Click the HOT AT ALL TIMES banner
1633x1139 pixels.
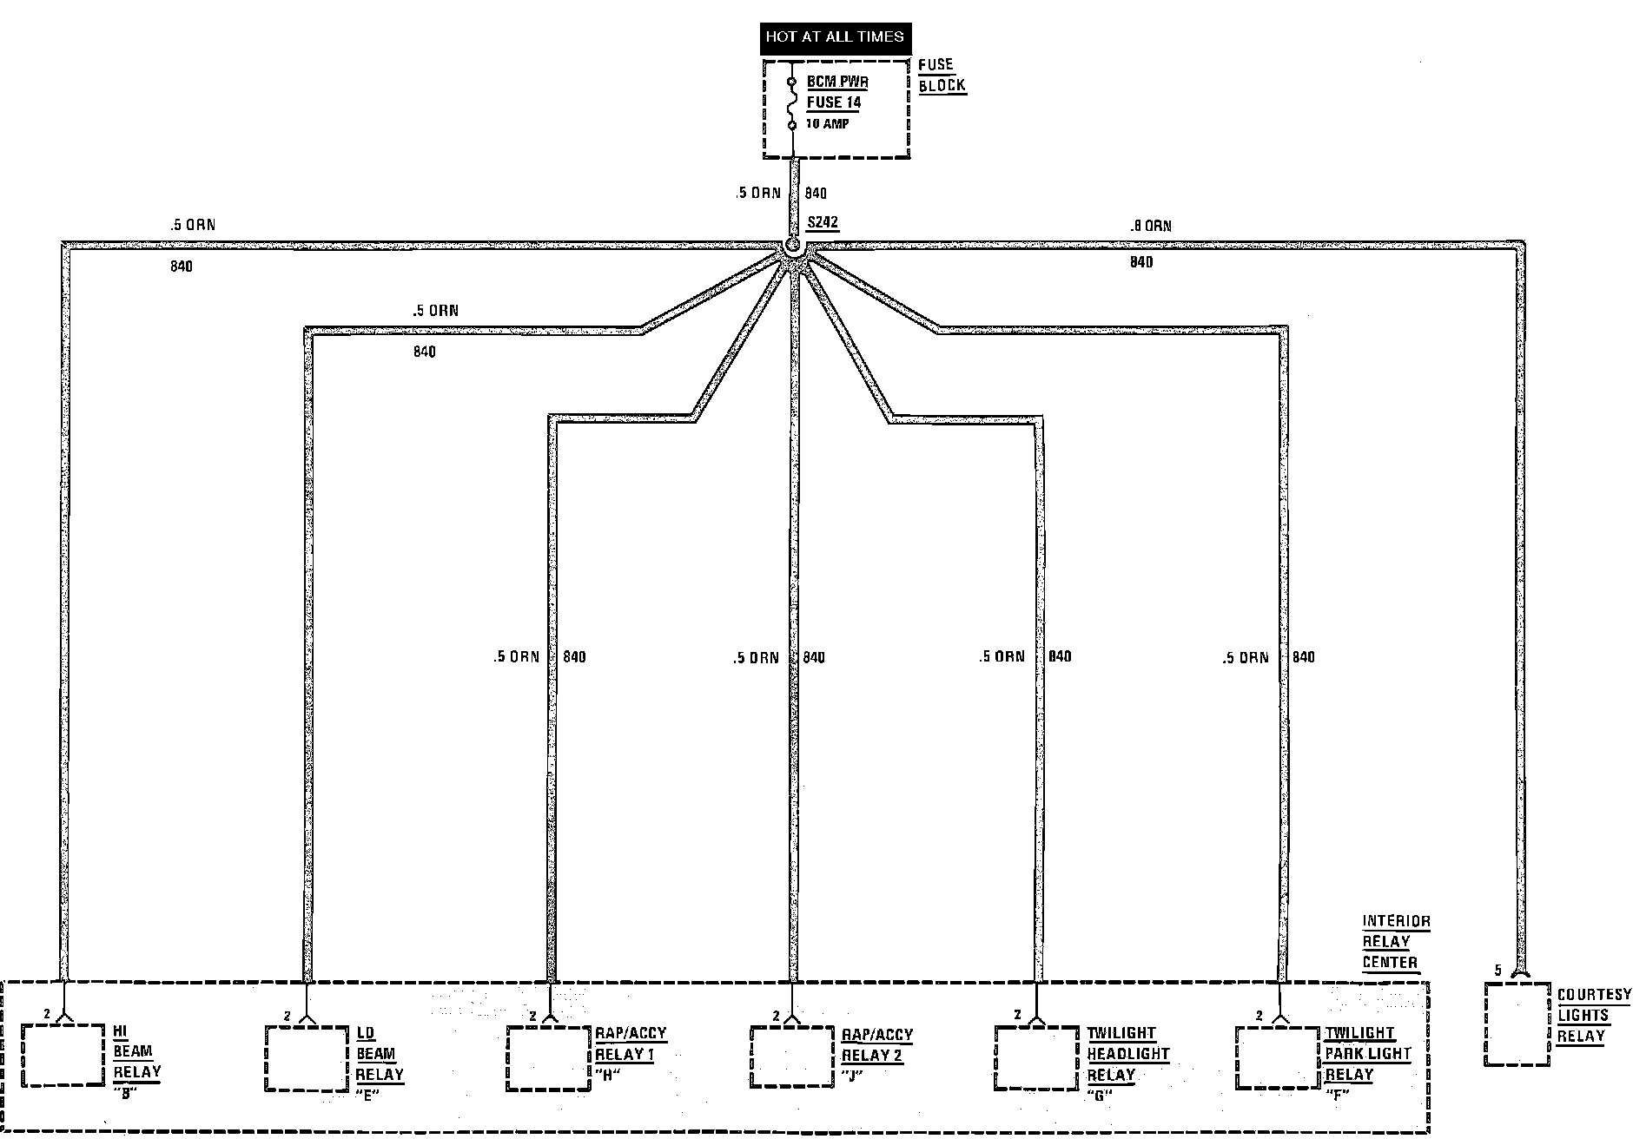834,36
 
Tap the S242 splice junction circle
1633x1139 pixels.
792,246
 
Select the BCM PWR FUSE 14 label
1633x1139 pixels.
836,92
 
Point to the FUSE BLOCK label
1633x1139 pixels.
941,76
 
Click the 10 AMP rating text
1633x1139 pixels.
828,124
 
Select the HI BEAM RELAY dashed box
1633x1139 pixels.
63,1055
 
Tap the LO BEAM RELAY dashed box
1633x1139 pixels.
306,1058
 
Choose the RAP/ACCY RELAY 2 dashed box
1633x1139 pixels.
792,1057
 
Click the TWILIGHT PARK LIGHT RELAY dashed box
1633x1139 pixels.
1278,1057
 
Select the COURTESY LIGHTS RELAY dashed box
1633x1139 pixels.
1517,1024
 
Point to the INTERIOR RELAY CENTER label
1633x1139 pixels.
1395,942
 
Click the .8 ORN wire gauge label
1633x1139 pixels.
1150,227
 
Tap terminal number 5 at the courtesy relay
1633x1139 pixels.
1497,971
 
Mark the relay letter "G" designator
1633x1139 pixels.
1100,1095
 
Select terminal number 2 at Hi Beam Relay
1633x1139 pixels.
46,1013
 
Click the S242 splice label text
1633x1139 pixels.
823,222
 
